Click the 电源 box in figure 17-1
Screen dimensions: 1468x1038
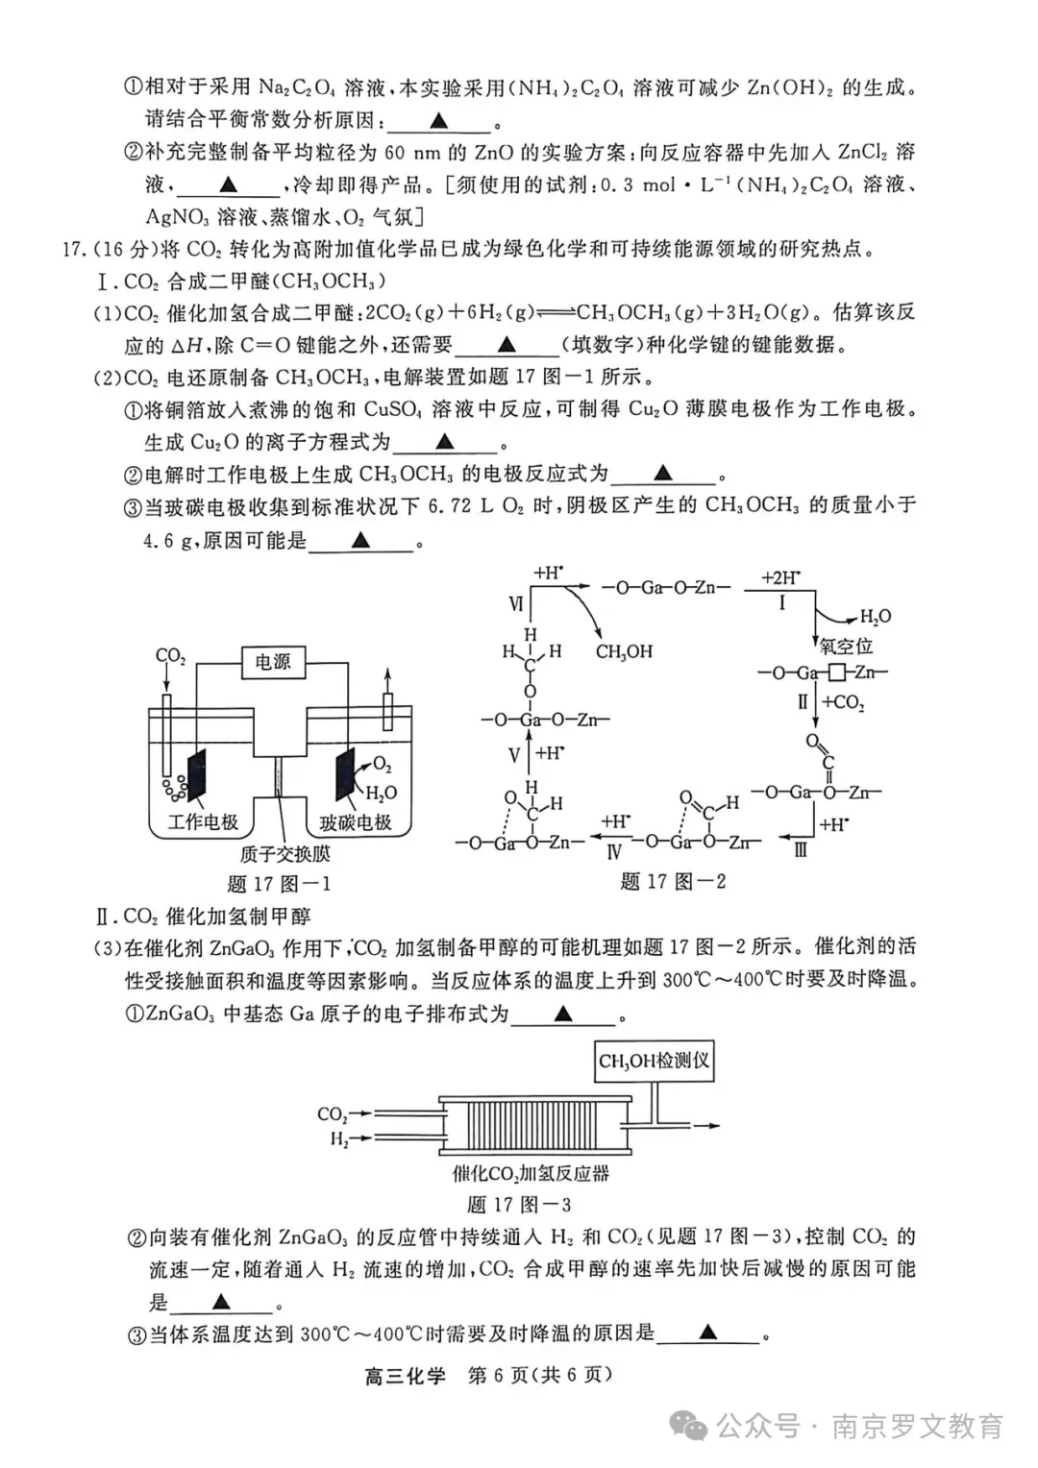(273, 662)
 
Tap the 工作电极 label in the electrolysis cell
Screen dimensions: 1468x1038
(203, 821)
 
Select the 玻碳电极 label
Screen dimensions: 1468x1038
(356, 822)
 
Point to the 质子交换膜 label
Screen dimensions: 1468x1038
(284, 853)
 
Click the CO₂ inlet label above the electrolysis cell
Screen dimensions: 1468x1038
(170, 656)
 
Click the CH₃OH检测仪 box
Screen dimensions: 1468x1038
(654, 1061)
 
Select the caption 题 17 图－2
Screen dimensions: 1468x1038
(673, 881)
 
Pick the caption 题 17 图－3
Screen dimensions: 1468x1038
(518, 1204)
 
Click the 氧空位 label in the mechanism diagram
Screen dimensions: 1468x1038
(846, 646)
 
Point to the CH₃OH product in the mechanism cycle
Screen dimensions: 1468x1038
(624, 651)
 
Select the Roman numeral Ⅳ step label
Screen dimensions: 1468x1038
(614, 851)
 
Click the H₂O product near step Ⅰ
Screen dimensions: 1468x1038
(875, 617)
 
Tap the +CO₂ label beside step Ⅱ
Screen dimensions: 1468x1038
(843, 702)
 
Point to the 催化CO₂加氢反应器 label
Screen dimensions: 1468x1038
(531, 1173)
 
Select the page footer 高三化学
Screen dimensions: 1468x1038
(405, 1375)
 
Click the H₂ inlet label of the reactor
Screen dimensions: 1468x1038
(339, 1139)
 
